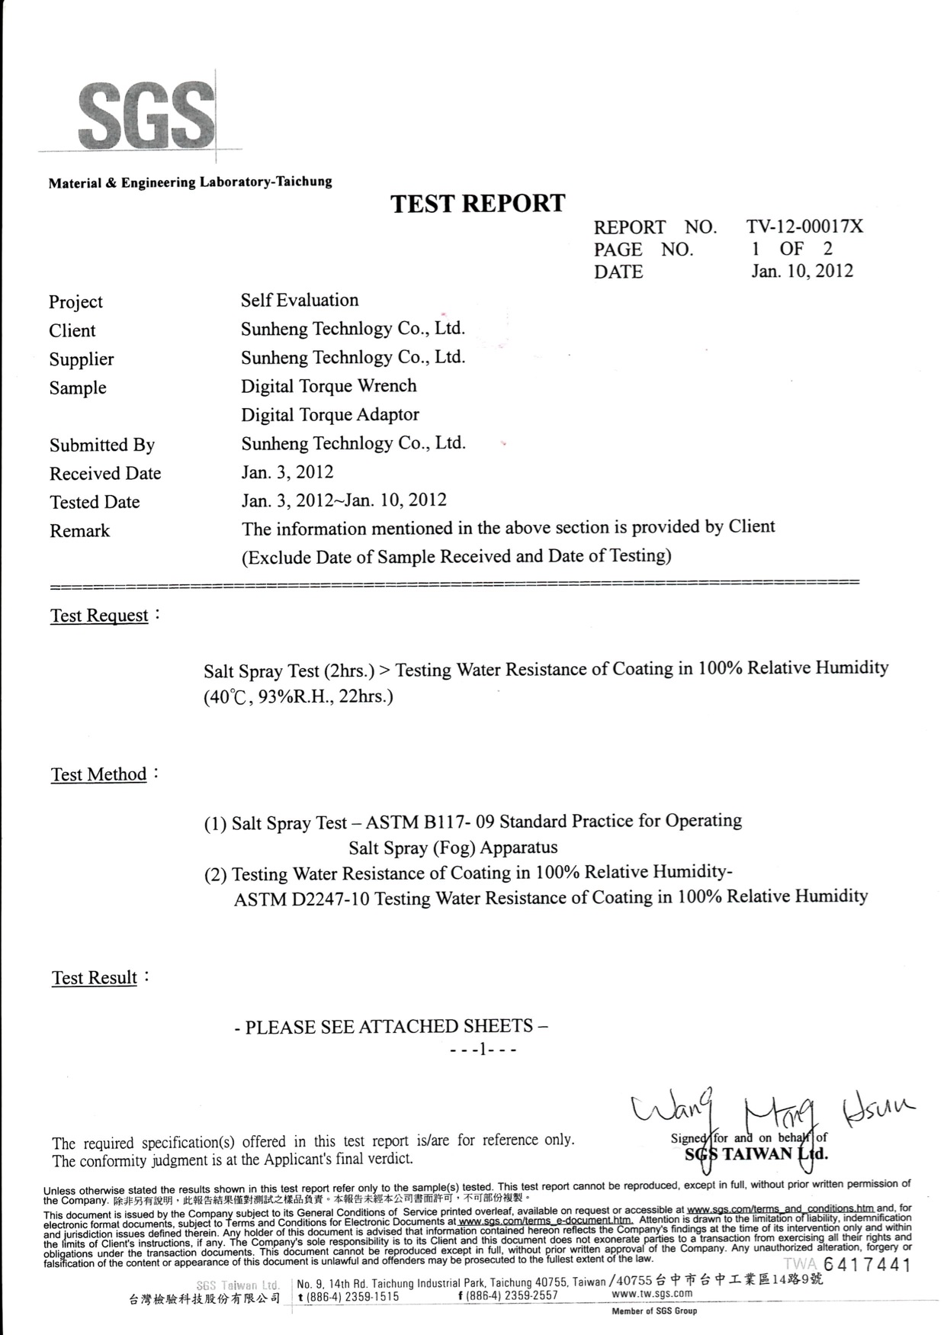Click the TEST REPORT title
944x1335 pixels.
(x=478, y=204)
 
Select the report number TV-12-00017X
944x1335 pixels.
(x=804, y=227)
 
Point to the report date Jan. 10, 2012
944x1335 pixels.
(x=802, y=271)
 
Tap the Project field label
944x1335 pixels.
(x=75, y=302)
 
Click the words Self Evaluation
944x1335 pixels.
(x=300, y=301)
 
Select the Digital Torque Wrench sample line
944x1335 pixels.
(x=329, y=386)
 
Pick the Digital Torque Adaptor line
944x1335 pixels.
(x=330, y=415)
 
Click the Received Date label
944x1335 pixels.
(x=105, y=474)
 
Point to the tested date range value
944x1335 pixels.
(x=344, y=500)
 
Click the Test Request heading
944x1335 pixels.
(x=100, y=616)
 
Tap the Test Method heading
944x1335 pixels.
(x=99, y=775)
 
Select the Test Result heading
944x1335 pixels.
(x=95, y=978)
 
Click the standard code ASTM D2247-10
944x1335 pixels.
(x=302, y=899)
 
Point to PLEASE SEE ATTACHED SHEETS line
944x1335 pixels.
(x=391, y=1027)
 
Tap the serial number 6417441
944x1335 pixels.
(x=867, y=1266)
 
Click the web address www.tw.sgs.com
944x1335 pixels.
(x=652, y=1294)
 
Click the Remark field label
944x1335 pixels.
(x=80, y=531)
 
